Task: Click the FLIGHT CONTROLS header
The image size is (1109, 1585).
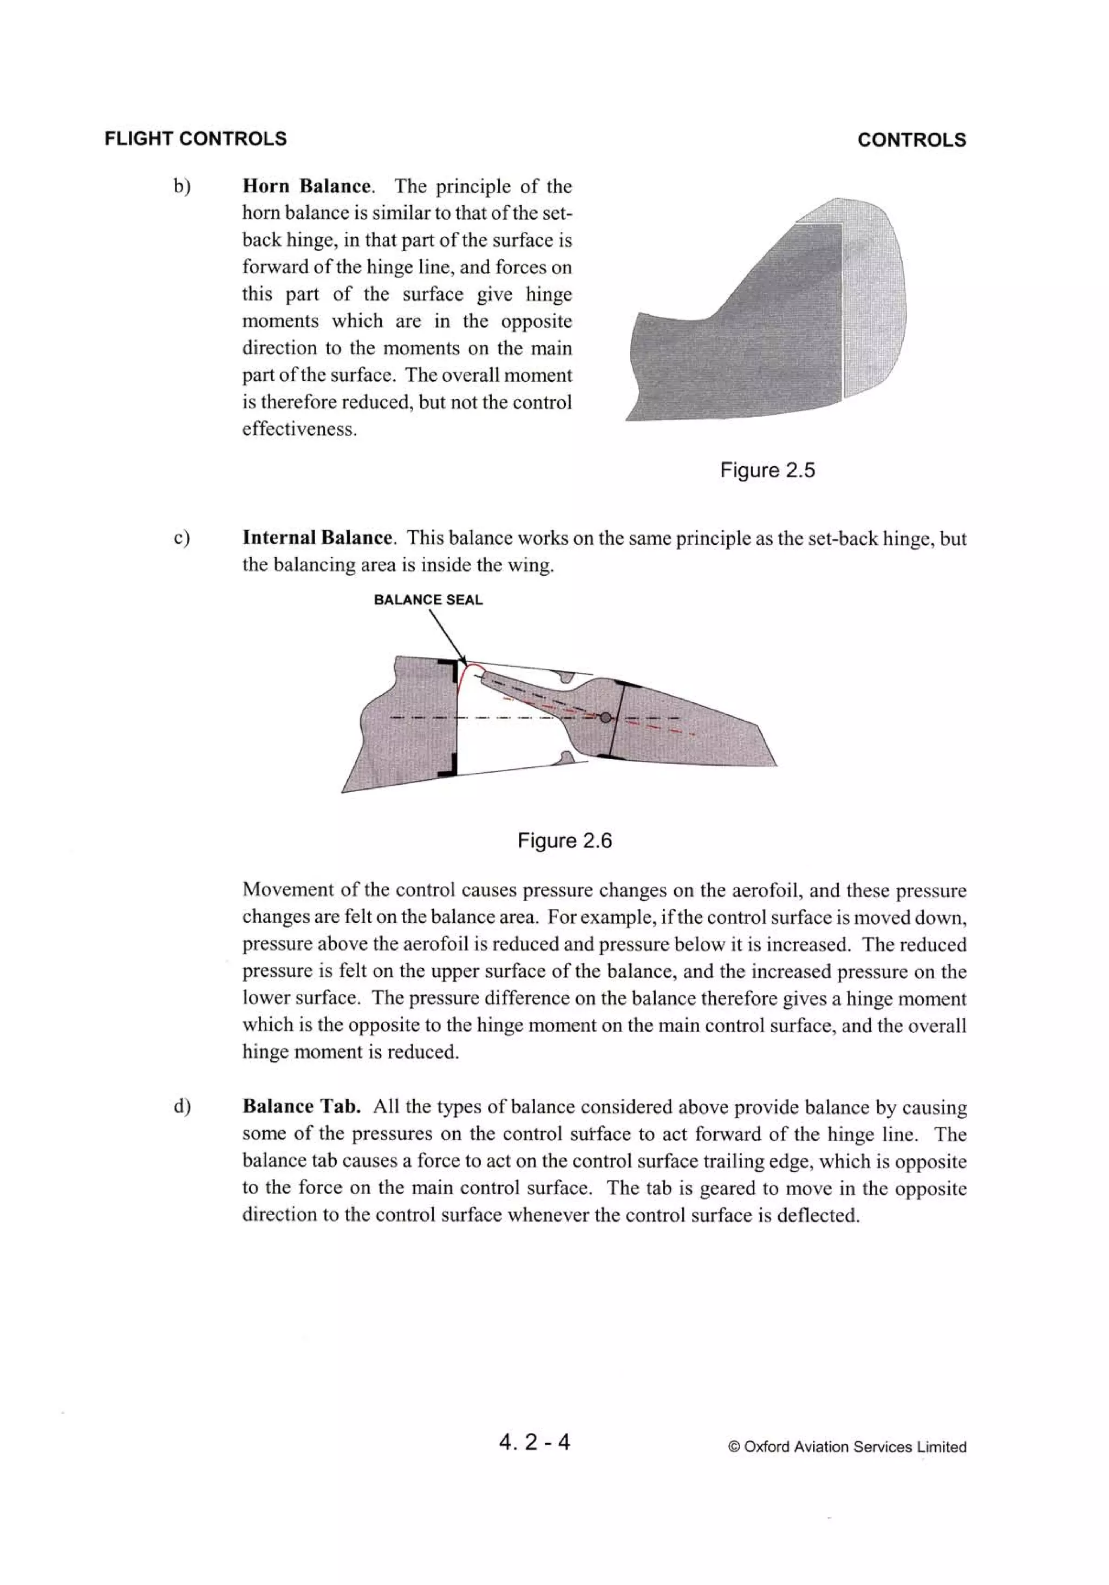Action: pyautogui.click(x=195, y=139)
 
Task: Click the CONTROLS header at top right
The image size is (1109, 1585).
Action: pyautogui.click(x=911, y=140)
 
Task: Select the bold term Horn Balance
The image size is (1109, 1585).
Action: pyautogui.click(x=306, y=186)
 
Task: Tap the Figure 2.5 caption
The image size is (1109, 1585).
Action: pyautogui.click(x=767, y=470)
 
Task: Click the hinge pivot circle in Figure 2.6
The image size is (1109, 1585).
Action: pyautogui.click(x=605, y=718)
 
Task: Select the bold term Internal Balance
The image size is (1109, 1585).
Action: pyautogui.click(x=317, y=538)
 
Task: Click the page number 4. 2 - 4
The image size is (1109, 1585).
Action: pyautogui.click(x=534, y=1441)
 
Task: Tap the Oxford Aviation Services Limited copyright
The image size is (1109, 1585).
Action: pyautogui.click(x=847, y=1446)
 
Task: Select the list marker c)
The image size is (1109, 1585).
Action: pyautogui.click(x=181, y=538)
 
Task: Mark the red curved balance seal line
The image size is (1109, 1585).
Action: pyautogui.click(x=462, y=674)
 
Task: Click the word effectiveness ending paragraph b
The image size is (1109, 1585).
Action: pyautogui.click(x=298, y=429)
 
